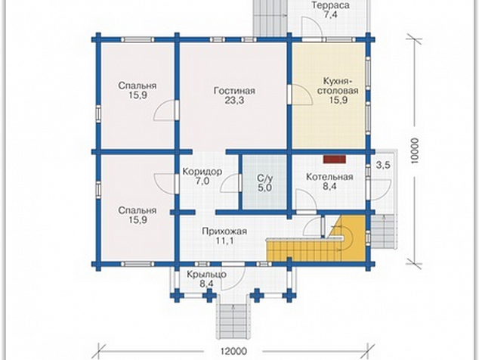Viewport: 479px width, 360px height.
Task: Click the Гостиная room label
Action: pyautogui.click(x=234, y=91)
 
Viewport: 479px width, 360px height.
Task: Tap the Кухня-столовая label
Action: pyautogui.click(x=338, y=86)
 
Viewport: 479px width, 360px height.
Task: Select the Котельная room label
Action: pyautogui.click(x=329, y=177)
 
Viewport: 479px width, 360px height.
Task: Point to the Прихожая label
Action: pyautogui.click(x=224, y=231)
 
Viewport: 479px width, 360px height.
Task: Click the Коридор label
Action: pyautogui.click(x=202, y=172)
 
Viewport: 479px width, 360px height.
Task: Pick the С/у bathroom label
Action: pyautogui.click(x=264, y=178)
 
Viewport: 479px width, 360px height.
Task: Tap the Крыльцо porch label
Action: pyautogui.click(x=207, y=275)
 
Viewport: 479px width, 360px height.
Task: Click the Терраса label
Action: pyautogui.click(x=330, y=5)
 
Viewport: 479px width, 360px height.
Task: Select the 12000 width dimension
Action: pyautogui.click(x=233, y=351)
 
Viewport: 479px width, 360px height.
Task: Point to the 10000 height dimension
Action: pyautogui.click(x=414, y=151)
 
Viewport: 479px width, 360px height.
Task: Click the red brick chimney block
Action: pyautogui.click(x=335, y=159)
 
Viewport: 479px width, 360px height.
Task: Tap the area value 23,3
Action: pyautogui.click(x=234, y=101)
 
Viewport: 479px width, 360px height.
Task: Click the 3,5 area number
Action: pyautogui.click(x=383, y=166)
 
